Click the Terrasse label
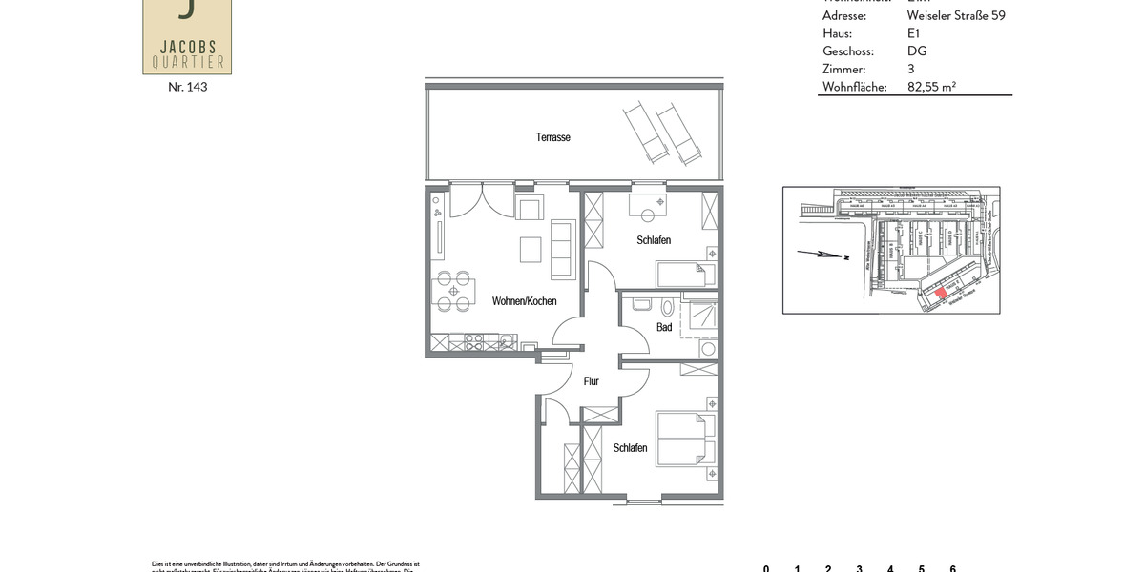pos(552,137)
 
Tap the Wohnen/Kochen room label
pos(524,301)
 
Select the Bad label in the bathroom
pos(664,327)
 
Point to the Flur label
pos(591,381)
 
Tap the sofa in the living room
pos(563,249)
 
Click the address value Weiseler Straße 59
pos(955,15)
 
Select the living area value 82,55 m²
pos(931,87)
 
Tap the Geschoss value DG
pos(916,51)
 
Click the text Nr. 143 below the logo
pos(187,87)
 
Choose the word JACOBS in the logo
pos(187,46)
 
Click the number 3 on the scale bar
pos(859,569)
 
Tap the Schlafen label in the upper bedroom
pos(654,240)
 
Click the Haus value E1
pos(914,33)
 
